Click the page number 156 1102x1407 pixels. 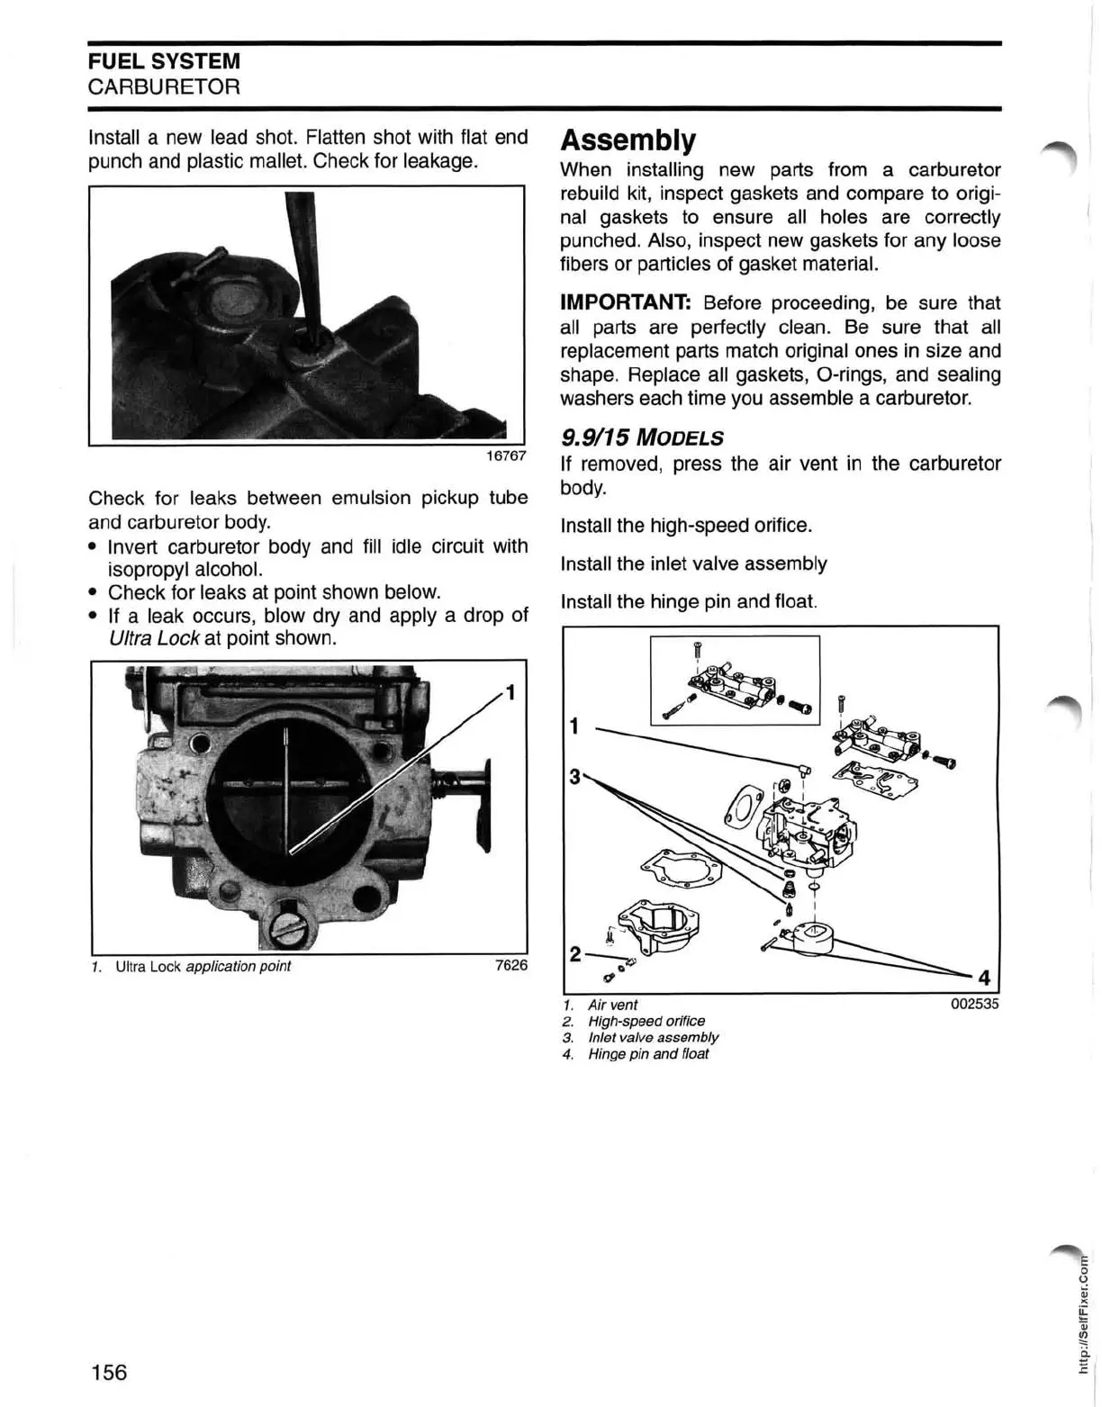(x=109, y=1372)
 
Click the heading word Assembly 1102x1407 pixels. (x=628, y=140)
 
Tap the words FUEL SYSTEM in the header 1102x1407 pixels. (x=164, y=62)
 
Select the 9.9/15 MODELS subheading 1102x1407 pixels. (x=641, y=438)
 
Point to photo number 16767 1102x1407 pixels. (x=506, y=455)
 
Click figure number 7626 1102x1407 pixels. (x=511, y=966)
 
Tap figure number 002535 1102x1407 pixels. (x=974, y=1004)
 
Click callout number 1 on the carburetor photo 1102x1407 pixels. (x=510, y=692)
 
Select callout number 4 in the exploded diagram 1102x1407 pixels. (x=984, y=978)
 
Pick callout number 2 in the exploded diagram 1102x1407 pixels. (x=575, y=953)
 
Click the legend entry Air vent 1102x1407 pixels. (x=612, y=1005)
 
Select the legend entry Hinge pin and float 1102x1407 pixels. (x=647, y=1054)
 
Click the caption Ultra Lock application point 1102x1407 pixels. (x=203, y=966)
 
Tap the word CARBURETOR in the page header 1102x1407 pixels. (x=164, y=87)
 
